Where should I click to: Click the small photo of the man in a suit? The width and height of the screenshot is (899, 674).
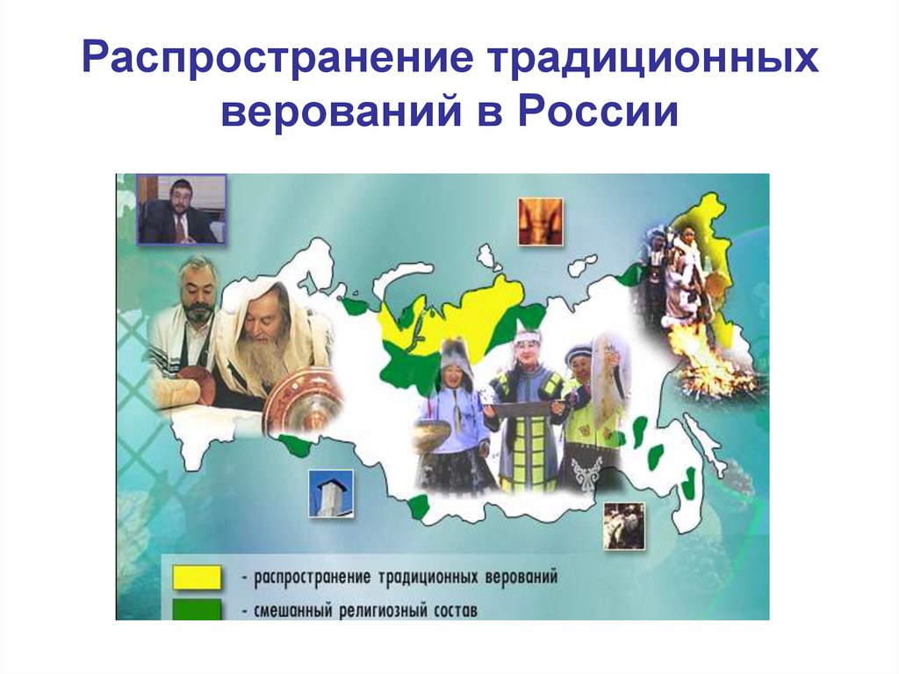point(182,209)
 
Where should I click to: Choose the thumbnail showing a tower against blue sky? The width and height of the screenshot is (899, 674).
point(330,494)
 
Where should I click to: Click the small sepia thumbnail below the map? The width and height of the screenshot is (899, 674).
point(623,525)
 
